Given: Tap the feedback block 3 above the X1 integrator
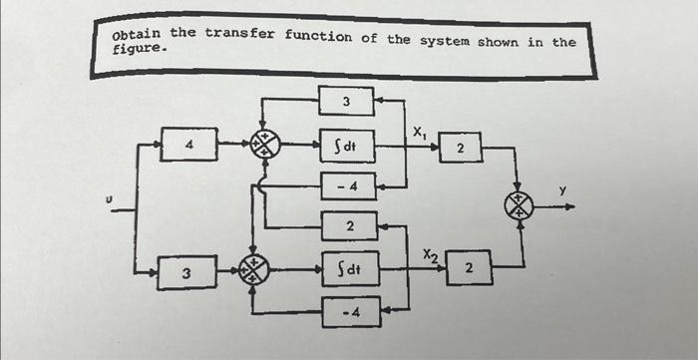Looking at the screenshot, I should click(346, 101).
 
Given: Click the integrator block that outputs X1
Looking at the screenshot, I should click(346, 146).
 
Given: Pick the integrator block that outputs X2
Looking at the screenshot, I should click(347, 268).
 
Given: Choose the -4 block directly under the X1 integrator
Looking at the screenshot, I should click(346, 186).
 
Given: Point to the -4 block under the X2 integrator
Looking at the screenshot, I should click(348, 310).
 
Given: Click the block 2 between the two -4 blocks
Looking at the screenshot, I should click(348, 226).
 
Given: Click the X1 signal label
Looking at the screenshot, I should click(421, 130).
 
